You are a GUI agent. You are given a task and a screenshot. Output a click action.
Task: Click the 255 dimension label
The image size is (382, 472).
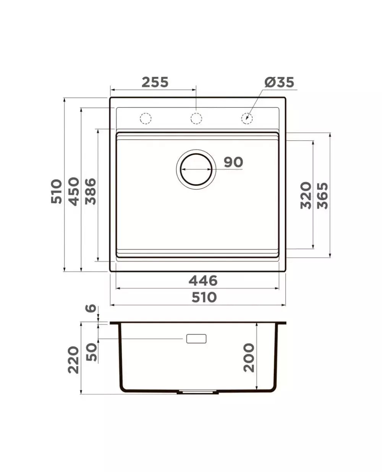[x=155, y=82]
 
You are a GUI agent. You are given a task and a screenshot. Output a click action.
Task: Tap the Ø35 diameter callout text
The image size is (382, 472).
[x=279, y=82]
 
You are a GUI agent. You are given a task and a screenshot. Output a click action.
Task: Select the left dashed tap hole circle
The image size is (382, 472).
[x=146, y=118]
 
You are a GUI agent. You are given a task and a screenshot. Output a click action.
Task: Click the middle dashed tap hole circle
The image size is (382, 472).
[x=196, y=118]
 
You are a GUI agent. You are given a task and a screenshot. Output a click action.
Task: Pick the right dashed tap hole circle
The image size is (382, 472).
[x=247, y=118]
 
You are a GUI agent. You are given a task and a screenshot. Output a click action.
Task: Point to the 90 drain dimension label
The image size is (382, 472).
[x=233, y=162]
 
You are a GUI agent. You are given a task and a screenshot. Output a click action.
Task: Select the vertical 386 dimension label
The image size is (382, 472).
[x=91, y=191]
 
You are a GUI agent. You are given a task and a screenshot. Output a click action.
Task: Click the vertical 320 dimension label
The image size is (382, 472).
[x=306, y=195]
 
